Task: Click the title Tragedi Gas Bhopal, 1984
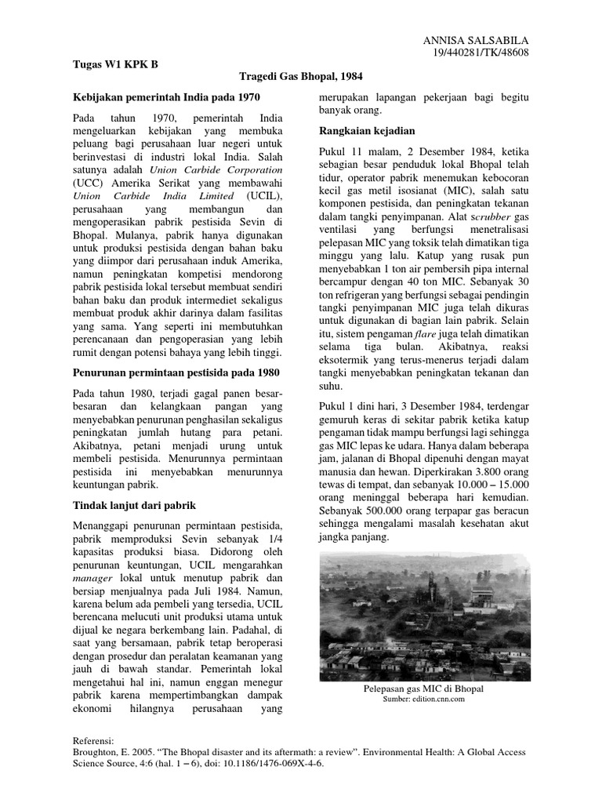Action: click(x=301, y=77)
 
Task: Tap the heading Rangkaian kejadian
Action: click(x=367, y=130)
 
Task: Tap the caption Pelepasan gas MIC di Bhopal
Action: click(x=423, y=688)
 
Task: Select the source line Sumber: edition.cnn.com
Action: click(x=423, y=699)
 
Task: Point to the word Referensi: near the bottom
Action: click(x=93, y=739)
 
